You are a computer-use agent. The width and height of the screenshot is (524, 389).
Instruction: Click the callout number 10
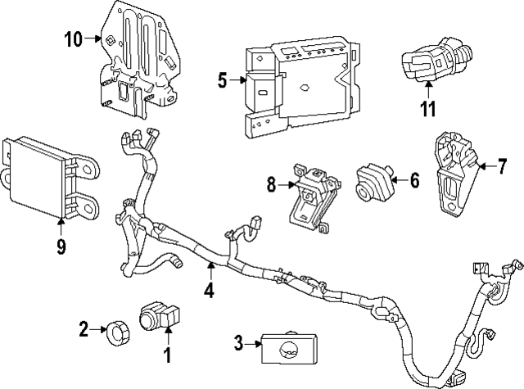(72, 38)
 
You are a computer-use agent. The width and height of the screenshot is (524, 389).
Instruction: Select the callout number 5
(222, 79)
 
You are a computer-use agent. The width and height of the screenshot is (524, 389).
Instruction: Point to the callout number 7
(503, 166)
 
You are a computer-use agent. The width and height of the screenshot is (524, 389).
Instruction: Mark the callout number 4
(209, 289)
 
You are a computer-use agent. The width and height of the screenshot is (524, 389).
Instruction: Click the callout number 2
(84, 330)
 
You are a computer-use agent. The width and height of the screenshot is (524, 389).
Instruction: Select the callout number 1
(168, 355)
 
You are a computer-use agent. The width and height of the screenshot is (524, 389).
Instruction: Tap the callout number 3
(239, 344)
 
